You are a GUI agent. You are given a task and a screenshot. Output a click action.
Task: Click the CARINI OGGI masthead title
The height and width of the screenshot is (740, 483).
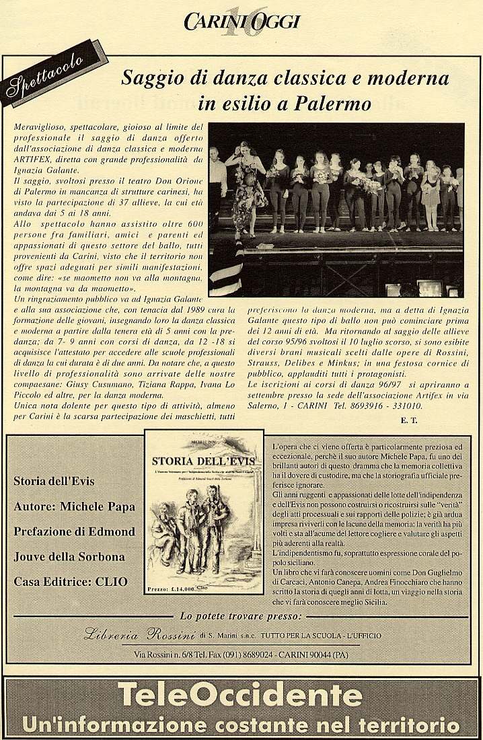coord(241,22)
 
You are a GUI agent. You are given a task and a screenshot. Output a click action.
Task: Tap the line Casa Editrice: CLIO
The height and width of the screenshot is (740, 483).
coord(70,582)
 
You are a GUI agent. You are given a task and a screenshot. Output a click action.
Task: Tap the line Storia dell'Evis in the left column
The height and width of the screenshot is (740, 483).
coord(54,481)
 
